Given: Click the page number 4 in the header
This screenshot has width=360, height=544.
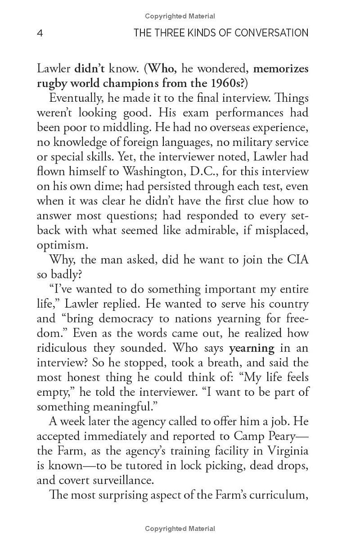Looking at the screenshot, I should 40,33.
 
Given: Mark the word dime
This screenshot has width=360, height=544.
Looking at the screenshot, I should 103,186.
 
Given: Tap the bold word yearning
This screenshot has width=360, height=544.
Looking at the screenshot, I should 252,348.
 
